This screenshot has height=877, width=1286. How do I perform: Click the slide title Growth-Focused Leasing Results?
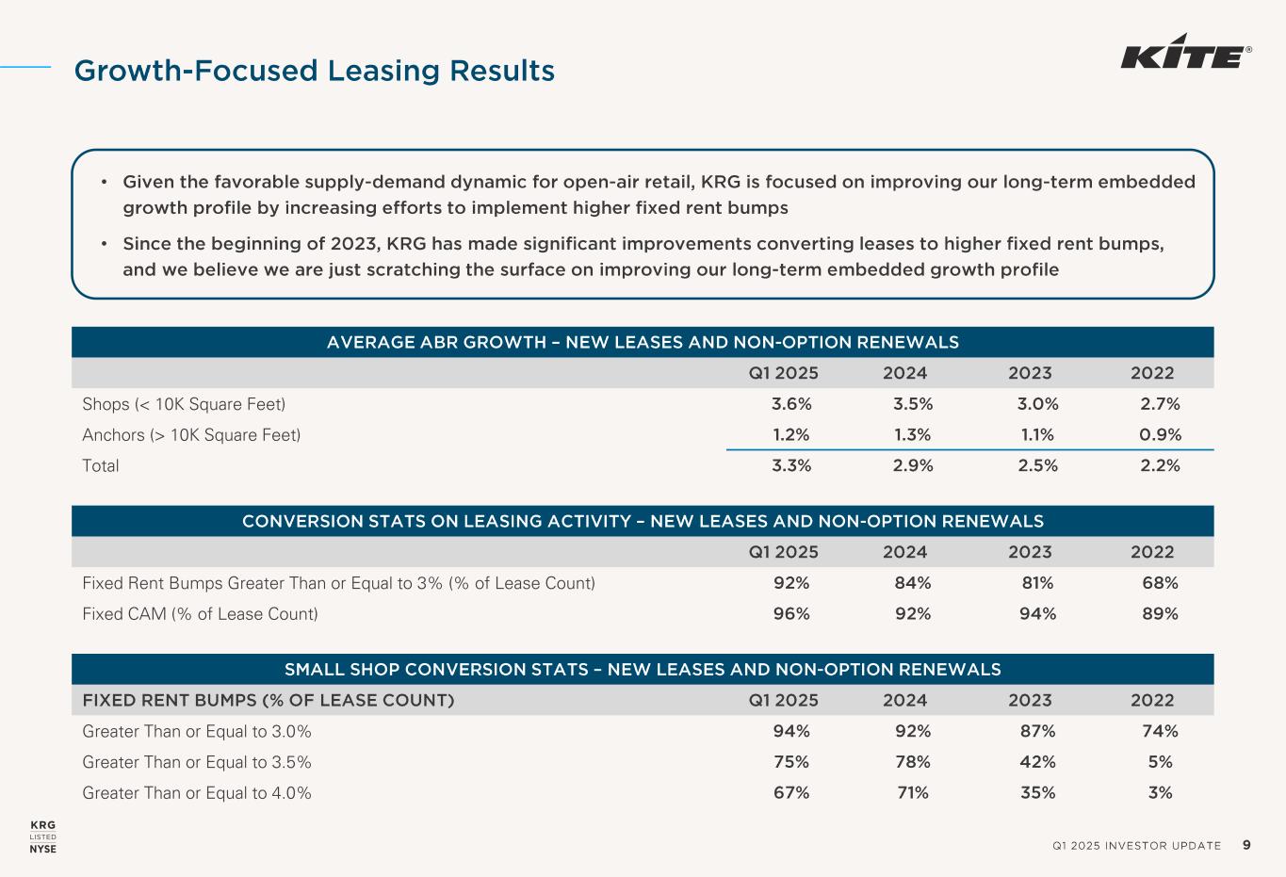point(314,71)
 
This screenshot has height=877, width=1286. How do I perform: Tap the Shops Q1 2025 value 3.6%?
point(791,404)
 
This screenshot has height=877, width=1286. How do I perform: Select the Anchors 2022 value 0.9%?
point(1161,434)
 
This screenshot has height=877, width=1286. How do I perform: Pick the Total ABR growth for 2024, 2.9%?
point(913,465)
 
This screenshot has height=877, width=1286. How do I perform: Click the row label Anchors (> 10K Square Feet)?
point(191,434)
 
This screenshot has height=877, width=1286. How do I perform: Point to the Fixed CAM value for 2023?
point(1037,614)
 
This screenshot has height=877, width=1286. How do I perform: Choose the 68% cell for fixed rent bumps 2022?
point(1160,583)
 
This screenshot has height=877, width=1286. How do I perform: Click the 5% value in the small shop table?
point(1161,762)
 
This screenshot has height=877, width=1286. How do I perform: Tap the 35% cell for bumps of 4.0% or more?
point(1037,793)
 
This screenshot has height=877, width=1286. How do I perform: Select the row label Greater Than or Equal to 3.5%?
point(197,762)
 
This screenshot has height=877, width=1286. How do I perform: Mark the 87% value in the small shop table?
point(1037,731)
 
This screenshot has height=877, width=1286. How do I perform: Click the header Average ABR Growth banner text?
point(643,342)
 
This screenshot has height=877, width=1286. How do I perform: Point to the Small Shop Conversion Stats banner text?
point(643,670)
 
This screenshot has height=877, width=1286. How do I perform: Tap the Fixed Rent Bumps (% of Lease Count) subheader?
point(269,700)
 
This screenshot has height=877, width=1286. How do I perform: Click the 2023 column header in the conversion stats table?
point(1030,552)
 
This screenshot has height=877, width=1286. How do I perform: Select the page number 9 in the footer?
point(1247,845)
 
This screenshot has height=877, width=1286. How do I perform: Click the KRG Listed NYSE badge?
point(43,836)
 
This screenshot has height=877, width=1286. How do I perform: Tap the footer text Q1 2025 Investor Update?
point(1136,846)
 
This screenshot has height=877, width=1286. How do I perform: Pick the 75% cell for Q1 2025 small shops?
point(791,762)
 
